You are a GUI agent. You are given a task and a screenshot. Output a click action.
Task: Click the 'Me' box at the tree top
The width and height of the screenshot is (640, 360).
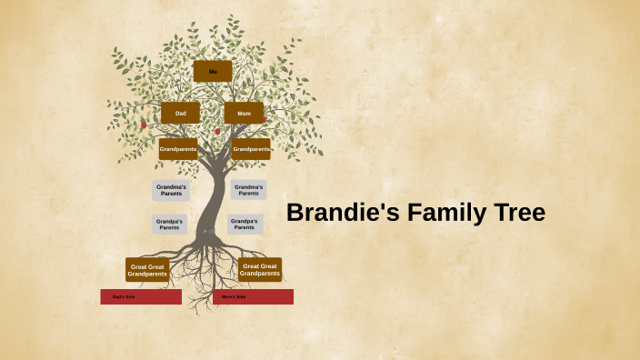click(213, 71)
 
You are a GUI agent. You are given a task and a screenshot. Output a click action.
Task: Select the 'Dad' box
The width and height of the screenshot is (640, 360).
click(180, 113)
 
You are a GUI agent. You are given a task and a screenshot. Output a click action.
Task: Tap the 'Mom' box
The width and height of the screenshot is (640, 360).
click(244, 113)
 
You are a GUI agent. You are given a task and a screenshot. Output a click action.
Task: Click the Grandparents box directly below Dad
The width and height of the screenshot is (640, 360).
click(178, 149)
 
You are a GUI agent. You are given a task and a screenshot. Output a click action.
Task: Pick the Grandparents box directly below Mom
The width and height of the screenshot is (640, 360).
click(251, 149)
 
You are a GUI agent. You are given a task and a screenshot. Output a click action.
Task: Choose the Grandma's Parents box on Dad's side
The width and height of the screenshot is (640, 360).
click(171, 190)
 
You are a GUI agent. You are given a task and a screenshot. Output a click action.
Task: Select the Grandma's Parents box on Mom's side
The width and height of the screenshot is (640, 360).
click(248, 190)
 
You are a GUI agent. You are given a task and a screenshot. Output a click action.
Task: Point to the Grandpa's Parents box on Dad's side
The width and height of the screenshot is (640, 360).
click(169, 225)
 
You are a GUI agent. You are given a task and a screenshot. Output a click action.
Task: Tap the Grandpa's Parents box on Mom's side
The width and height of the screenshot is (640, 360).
click(245, 225)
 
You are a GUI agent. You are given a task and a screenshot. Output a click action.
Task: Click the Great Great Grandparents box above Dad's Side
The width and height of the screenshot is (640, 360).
click(147, 270)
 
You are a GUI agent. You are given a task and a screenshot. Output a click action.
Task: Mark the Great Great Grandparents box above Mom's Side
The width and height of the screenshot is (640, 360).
click(260, 270)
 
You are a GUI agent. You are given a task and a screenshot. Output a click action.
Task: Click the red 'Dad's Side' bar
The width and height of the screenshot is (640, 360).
click(141, 296)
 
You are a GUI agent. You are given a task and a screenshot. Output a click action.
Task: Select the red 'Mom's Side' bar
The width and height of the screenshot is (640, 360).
click(253, 296)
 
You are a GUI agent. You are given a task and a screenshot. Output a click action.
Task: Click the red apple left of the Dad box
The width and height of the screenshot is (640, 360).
click(143, 125)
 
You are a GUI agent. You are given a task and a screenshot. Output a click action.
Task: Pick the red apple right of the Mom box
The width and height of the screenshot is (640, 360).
click(265, 119)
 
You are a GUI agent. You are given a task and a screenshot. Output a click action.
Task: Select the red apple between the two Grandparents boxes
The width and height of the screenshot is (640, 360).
click(217, 132)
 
